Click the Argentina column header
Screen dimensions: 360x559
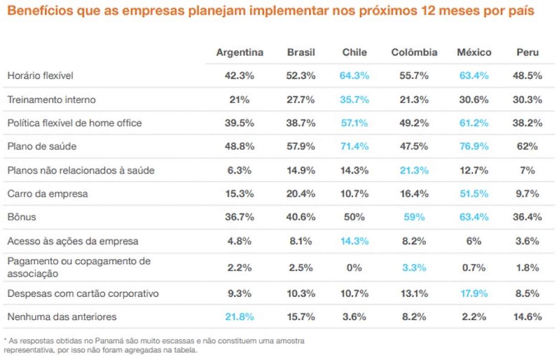tap(240, 52)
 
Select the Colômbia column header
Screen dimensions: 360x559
tap(414, 52)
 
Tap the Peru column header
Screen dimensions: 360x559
tap(527, 52)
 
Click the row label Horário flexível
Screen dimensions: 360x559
tap(40, 76)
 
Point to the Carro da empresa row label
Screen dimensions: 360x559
tap(48, 194)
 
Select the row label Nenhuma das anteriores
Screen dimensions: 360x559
tap(62, 316)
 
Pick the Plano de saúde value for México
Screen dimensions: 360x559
tap(474, 147)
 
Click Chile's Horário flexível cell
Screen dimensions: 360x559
tap(354, 76)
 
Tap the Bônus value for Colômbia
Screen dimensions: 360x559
tap(414, 217)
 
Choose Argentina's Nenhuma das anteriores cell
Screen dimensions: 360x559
tap(239, 316)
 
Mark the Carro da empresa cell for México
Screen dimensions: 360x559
tap(474, 194)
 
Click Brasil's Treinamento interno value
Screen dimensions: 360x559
tap(301, 99)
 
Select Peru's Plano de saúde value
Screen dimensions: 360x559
tap(527, 147)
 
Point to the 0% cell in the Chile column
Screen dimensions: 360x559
tap(354, 267)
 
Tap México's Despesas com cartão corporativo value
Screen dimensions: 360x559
tap(474, 293)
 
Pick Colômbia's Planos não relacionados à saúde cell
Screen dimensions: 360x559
tap(414, 170)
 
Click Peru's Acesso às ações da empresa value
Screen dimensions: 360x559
tap(527, 241)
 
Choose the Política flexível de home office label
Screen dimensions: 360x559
tap(75, 123)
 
